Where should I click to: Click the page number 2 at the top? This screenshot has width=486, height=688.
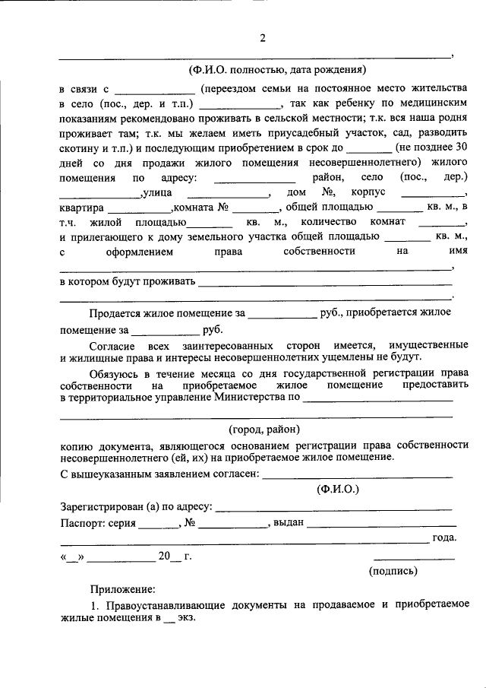[262, 39]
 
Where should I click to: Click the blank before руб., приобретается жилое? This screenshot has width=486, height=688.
[282, 313]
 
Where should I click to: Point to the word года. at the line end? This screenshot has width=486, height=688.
[443, 538]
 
